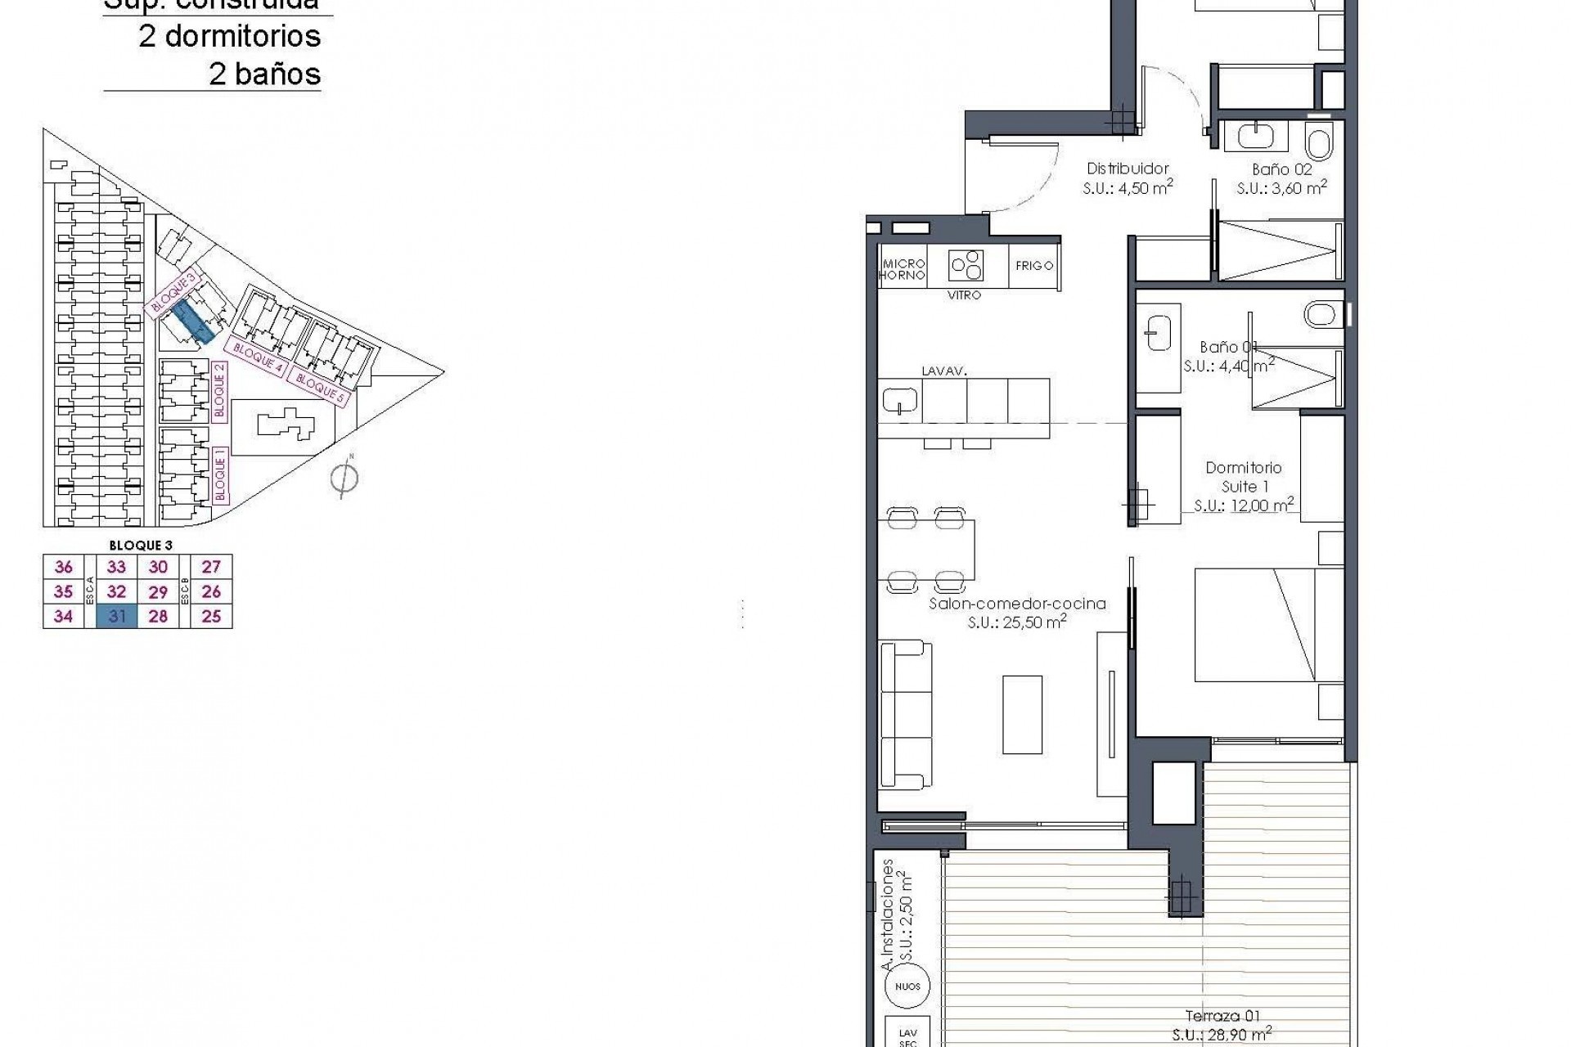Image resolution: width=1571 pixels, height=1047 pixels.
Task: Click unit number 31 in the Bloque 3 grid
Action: (x=116, y=617)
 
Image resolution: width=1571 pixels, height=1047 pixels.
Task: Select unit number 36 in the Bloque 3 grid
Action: (x=63, y=567)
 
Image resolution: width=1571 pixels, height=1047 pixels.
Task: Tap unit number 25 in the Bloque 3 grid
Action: (x=211, y=617)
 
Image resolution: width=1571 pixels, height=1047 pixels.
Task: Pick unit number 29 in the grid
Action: (x=158, y=592)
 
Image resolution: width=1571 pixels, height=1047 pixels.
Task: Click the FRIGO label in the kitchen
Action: (x=1034, y=266)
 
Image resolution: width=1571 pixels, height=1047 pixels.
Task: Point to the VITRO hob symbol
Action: (x=966, y=265)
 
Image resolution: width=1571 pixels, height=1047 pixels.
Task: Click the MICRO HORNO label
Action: (x=903, y=269)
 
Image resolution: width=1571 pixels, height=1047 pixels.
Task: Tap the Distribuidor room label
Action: (x=1128, y=169)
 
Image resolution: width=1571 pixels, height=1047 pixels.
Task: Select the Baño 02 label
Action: (x=1281, y=169)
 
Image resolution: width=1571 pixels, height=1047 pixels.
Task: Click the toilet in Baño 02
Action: (x=1318, y=142)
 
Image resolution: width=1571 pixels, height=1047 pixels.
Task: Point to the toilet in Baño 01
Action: (x=1320, y=313)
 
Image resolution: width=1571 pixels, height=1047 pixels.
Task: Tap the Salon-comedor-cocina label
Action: (x=1017, y=604)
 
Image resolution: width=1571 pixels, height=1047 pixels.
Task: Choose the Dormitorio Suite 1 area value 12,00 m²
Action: (x=1244, y=506)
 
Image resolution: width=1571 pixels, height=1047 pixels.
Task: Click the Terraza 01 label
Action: (x=1222, y=1016)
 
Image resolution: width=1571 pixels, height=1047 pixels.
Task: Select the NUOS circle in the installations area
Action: (x=907, y=986)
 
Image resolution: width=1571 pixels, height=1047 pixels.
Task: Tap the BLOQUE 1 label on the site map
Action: (x=219, y=474)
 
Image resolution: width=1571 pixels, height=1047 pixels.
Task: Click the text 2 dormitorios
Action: (x=230, y=36)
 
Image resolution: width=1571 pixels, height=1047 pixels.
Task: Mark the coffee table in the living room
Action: (x=1022, y=714)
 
